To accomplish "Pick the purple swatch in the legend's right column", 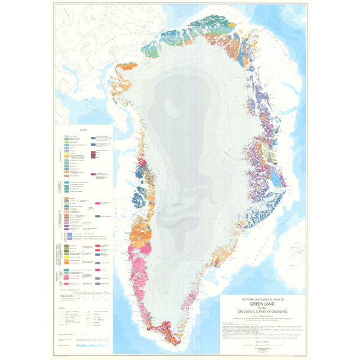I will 94,175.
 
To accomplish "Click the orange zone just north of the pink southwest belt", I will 140,234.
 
